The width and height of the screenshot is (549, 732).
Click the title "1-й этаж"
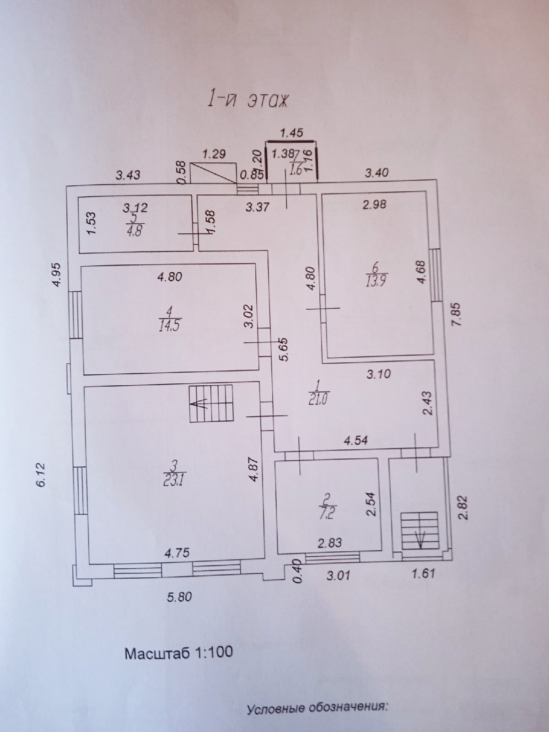pos(248,100)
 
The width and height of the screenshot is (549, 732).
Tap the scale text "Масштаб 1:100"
pos(178,652)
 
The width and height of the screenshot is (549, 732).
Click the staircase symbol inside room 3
pos(210,403)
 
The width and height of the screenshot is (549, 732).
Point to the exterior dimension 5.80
pos(179,597)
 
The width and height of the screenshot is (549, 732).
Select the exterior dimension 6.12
pos(42,474)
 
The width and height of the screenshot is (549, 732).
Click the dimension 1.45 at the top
pos(291,133)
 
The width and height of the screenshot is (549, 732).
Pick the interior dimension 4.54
pos(355,441)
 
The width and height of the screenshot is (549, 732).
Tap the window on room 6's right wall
pos(436,274)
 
